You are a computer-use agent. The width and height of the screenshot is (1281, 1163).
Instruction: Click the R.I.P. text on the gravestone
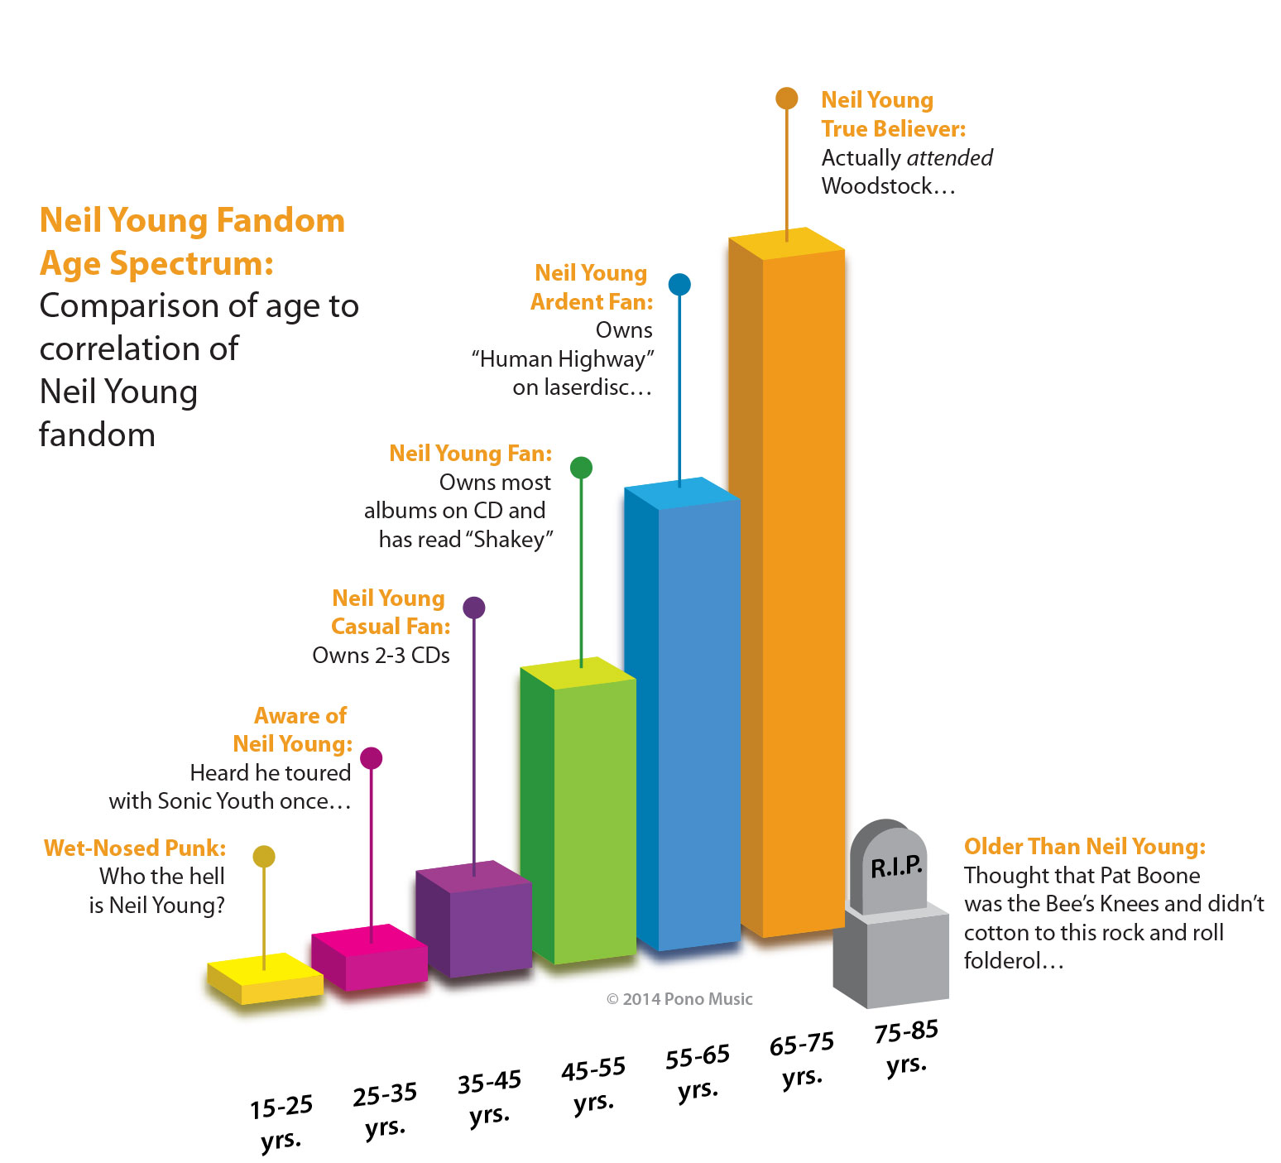(x=896, y=867)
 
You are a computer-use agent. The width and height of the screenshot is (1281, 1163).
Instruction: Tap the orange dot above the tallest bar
(x=786, y=99)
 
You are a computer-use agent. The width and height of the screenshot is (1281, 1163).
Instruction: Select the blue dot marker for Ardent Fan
(x=679, y=285)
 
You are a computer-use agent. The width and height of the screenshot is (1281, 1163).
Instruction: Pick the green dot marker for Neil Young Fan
(x=581, y=468)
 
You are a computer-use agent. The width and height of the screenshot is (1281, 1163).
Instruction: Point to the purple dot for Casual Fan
(x=473, y=608)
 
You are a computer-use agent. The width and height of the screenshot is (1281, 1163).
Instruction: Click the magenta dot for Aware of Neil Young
(x=372, y=757)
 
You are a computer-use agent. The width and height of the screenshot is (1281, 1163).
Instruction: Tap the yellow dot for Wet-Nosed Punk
(x=264, y=856)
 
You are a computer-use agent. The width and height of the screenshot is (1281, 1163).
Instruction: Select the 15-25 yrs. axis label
(x=281, y=1122)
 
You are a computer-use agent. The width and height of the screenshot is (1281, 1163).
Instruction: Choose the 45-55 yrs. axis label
(x=593, y=1084)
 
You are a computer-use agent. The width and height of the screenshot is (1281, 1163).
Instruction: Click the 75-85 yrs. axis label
(x=906, y=1047)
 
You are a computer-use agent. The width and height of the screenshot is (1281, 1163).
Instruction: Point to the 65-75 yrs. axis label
(x=802, y=1060)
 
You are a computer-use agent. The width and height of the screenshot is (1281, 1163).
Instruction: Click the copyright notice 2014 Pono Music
(x=679, y=999)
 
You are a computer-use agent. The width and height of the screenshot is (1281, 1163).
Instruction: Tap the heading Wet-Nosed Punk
(x=135, y=848)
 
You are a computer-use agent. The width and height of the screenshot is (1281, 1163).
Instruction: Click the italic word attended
(x=949, y=157)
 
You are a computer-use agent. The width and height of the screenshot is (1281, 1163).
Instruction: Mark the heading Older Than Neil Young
(x=1084, y=847)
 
